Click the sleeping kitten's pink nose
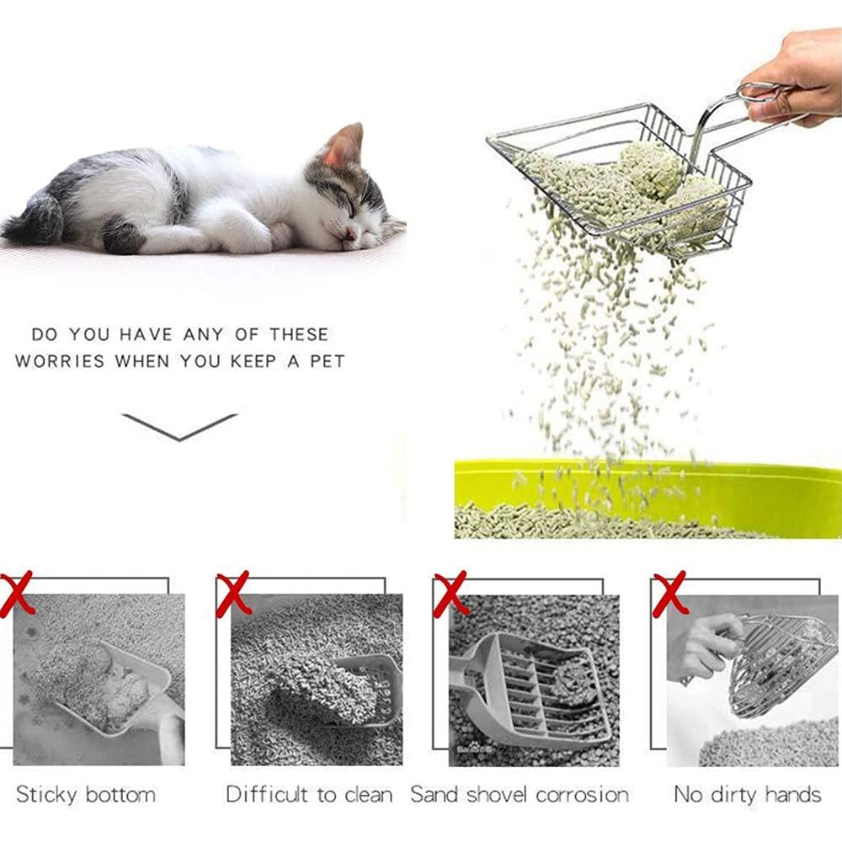pyautogui.click(x=350, y=233)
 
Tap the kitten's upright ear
pyautogui.click(x=344, y=146)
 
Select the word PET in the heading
pyautogui.click(x=324, y=361)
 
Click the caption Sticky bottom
pyautogui.click(x=86, y=794)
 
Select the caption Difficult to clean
pyautogui.click(x=309, y=794)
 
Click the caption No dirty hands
pyautogui.click(x=747, y=794)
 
